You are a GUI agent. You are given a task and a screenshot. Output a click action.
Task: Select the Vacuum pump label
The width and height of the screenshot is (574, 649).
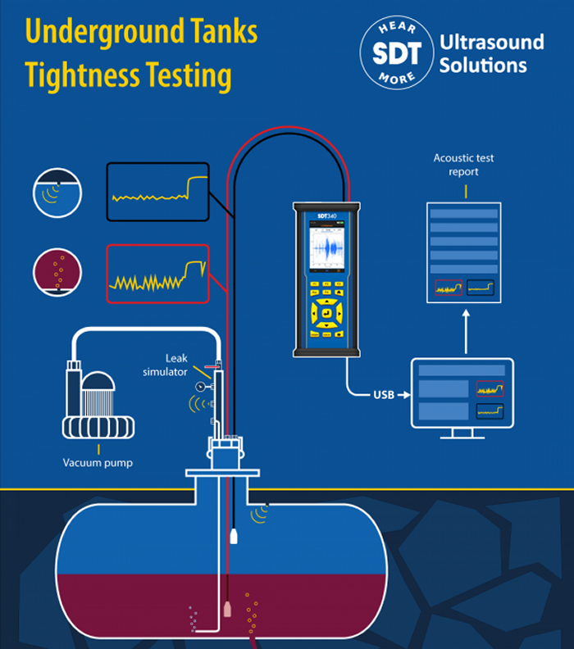pyautogui.click(x=98, y=463)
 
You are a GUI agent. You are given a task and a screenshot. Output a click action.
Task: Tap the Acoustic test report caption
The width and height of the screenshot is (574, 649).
pyautogui.click(x=464, y=164)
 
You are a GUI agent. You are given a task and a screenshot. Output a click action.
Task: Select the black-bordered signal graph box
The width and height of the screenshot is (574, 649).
pyautogui.click(x=157, y=192)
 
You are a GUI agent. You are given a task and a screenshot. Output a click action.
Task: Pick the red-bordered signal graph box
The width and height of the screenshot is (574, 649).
pyautogui.click(x=157, y=275)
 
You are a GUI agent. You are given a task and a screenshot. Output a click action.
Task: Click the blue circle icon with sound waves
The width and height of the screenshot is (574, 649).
pyautogui.click(x=57, y=193)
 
